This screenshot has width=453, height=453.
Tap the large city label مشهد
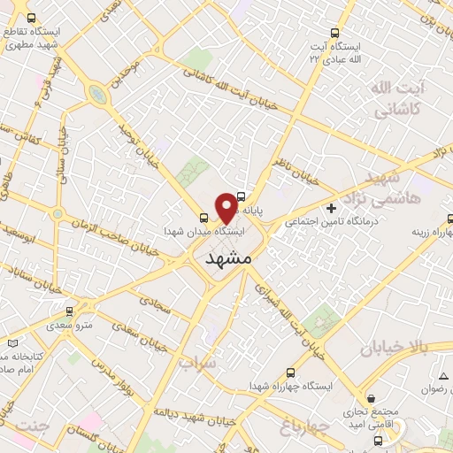pyautogui.click(x=228, y=259)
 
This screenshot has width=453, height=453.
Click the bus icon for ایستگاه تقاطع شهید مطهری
pyautogui.click(x=32, y=18)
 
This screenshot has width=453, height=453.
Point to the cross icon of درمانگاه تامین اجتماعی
pyautogui.click(x=331, y=209)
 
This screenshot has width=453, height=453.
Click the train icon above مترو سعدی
pyautogui.click(x=68, y=311)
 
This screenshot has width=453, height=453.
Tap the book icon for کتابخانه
pyautogui.click(x=12, y=343)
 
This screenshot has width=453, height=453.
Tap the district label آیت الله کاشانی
pyautogui.click(x=395, y=99)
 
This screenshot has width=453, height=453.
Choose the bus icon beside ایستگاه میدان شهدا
pyautogui.click(x=204, y=216)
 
